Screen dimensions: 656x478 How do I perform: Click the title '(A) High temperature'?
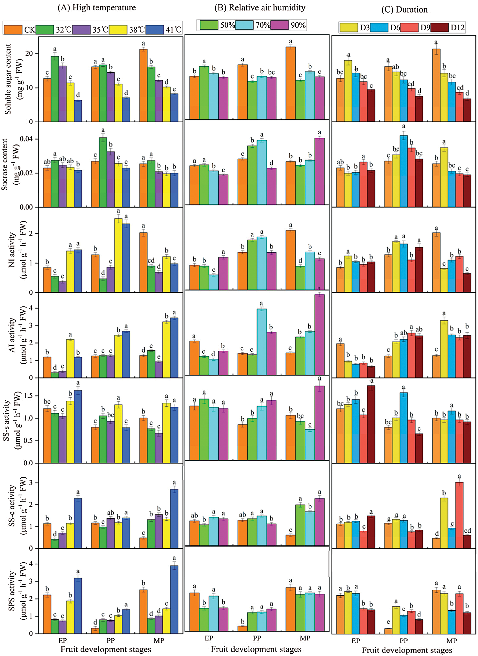(97, 8)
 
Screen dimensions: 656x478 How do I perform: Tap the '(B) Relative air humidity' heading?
(259, 8)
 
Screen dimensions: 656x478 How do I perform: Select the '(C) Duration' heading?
(404, 10)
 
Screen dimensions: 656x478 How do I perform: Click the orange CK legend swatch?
(13, 29)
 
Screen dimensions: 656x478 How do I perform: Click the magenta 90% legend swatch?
(279, 25)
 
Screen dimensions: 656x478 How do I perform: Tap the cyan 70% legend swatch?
(244, 25)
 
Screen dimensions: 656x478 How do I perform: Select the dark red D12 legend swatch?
(439, 28)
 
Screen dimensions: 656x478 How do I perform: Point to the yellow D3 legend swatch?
(349, 28)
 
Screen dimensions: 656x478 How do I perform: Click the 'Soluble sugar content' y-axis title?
(8, 79)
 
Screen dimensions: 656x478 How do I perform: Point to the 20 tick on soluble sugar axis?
(29, 54)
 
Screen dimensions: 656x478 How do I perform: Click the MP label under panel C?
(452, 641)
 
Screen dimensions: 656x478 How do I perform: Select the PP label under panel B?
(257, 638)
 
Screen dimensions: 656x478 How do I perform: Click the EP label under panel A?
(63, 640)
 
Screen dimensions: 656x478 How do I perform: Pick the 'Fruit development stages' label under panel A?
(106, 649)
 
